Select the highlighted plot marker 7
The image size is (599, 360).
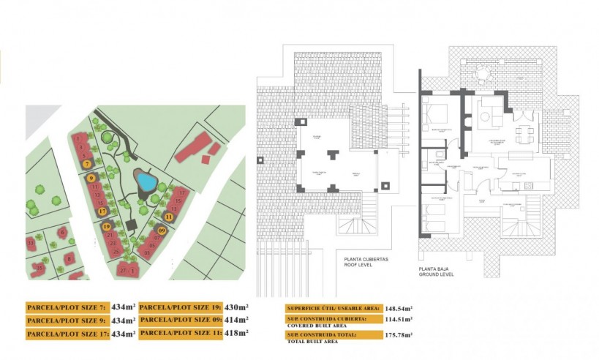(87, 165)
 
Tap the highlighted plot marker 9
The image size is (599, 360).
(90, 177)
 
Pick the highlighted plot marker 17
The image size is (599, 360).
(102, 211)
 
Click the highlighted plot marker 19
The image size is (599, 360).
(107, 227)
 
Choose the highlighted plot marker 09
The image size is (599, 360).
(161, 230)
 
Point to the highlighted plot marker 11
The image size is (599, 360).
(169, 217)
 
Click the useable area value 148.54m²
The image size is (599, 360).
(399, 307)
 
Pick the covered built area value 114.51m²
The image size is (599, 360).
(399, 319)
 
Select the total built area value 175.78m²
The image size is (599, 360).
(399, 335)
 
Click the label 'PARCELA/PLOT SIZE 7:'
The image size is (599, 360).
(67, 308)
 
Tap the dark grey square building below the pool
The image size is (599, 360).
(132, 224)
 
